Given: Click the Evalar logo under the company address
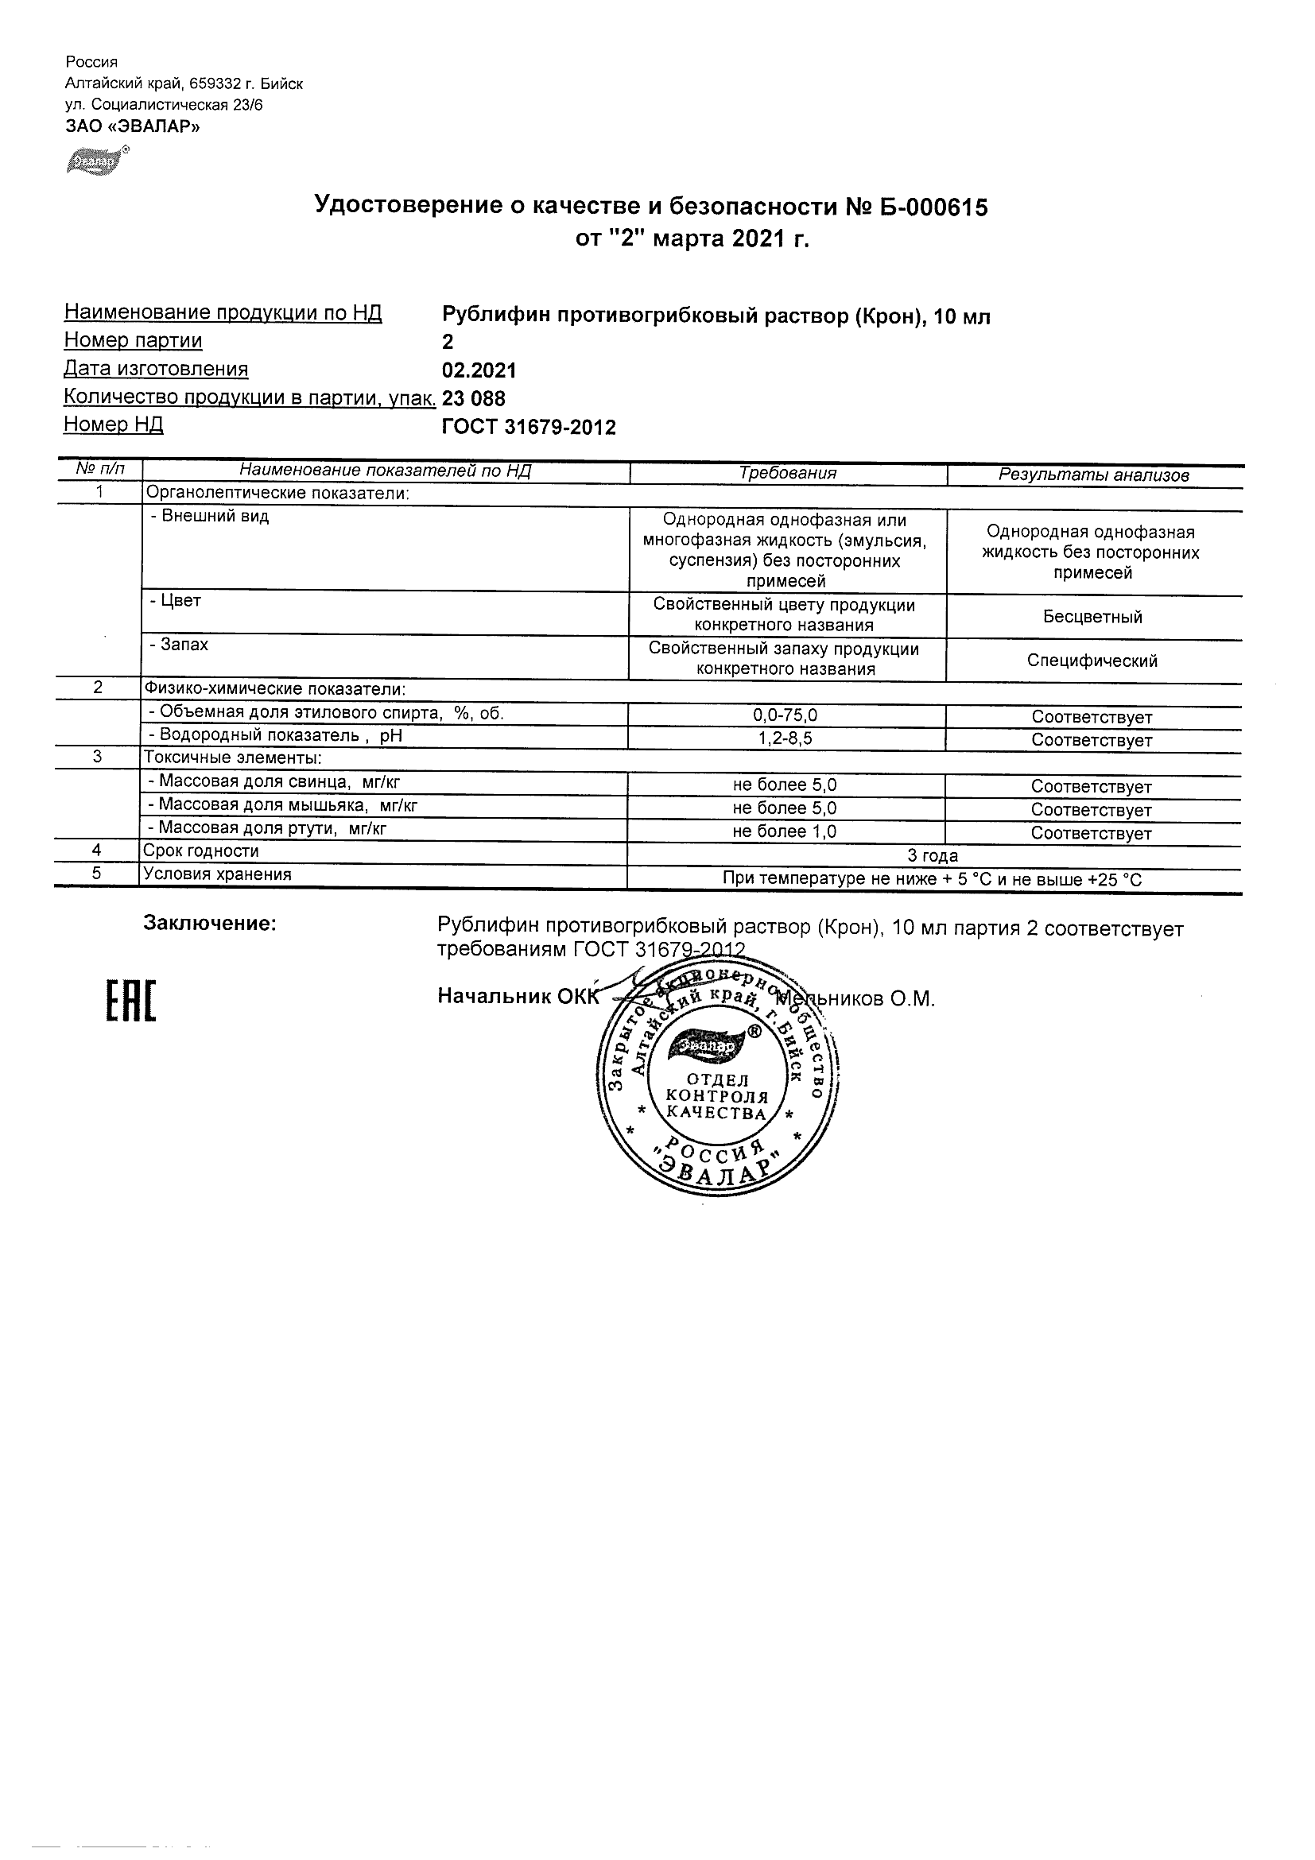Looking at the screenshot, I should click(x=96, y=161).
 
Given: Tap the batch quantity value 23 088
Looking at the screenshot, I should click(x=473, y=398).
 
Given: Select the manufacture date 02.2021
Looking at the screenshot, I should click(x=479, y=371).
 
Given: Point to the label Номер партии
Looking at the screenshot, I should click(x=133, y=341).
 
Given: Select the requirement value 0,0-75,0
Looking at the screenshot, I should click(x=786, y=716).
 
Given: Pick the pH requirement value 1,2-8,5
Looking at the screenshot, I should click(x=786, y=738).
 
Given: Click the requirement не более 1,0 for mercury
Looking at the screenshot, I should click(x=784, y=832).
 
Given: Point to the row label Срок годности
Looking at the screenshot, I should click(x=201, y=851).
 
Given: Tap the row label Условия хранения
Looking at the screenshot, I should click(x=216, y=875).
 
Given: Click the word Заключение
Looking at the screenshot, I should click(x=210, y=924).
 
